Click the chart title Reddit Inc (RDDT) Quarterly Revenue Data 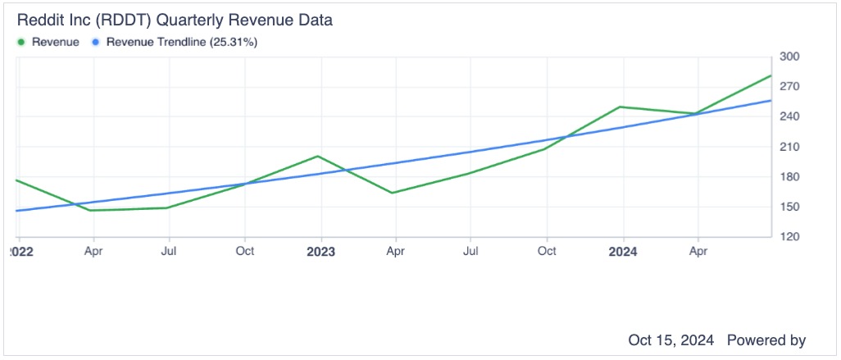click(175, 20)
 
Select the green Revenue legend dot click(21, 42)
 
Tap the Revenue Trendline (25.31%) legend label click(182, 42)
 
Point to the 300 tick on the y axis click(790, 57)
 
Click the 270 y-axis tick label click(790, 87)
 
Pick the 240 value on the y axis click(790, 116)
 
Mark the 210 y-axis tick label click(790, 147)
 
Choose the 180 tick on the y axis click(790, 177)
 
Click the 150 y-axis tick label click(790, 207)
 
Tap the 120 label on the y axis click(790, 237)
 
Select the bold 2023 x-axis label click(320, 252)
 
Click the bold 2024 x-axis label click(623, 252)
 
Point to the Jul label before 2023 click(169, 252)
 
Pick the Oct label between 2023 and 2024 click(547, 252)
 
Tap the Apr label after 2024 click(698, 252)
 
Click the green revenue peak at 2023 click(317, 156)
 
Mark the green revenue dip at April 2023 click(393, 193)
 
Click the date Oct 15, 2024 click(671, 339)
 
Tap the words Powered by click(766, 339)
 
